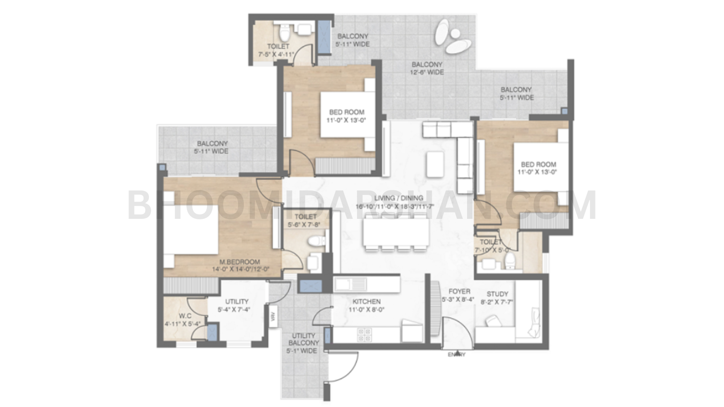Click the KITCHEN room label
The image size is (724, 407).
[x=367, y=302]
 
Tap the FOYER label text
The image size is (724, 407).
[x=459, y=292]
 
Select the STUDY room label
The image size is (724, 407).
[x=497, y=294]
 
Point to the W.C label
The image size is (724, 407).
[x=185, y=316]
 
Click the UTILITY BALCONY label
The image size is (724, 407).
[x=303, y=339]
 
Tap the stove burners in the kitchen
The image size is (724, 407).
[x=364, y=335]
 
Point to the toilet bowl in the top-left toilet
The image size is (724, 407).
[x=284, y=33]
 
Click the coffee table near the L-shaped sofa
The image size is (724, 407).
[x=435, y=164]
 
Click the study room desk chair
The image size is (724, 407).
[x=491, y=322]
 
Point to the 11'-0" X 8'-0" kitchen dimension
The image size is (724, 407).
[x=367, y=310]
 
